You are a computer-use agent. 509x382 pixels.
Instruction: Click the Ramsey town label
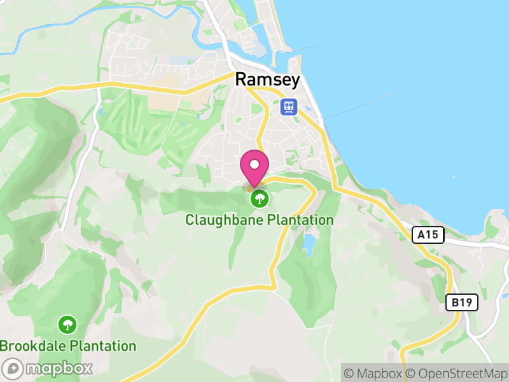click(267, 79)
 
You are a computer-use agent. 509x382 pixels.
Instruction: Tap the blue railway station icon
click(289, 106)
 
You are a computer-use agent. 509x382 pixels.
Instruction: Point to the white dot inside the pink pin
click(254, 164)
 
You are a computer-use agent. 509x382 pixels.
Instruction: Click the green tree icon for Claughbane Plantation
click(259, 199)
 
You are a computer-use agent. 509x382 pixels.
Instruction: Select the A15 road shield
click(428, 235)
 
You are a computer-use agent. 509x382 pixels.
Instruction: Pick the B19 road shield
click(461, 302)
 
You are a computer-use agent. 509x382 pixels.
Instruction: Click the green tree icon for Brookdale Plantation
click(67, 325)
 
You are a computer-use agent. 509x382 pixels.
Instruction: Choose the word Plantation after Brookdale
click(101, 346)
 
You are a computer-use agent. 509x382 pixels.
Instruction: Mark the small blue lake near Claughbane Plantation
click(310, 243)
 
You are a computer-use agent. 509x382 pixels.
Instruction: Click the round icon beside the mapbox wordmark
click(13, 368)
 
